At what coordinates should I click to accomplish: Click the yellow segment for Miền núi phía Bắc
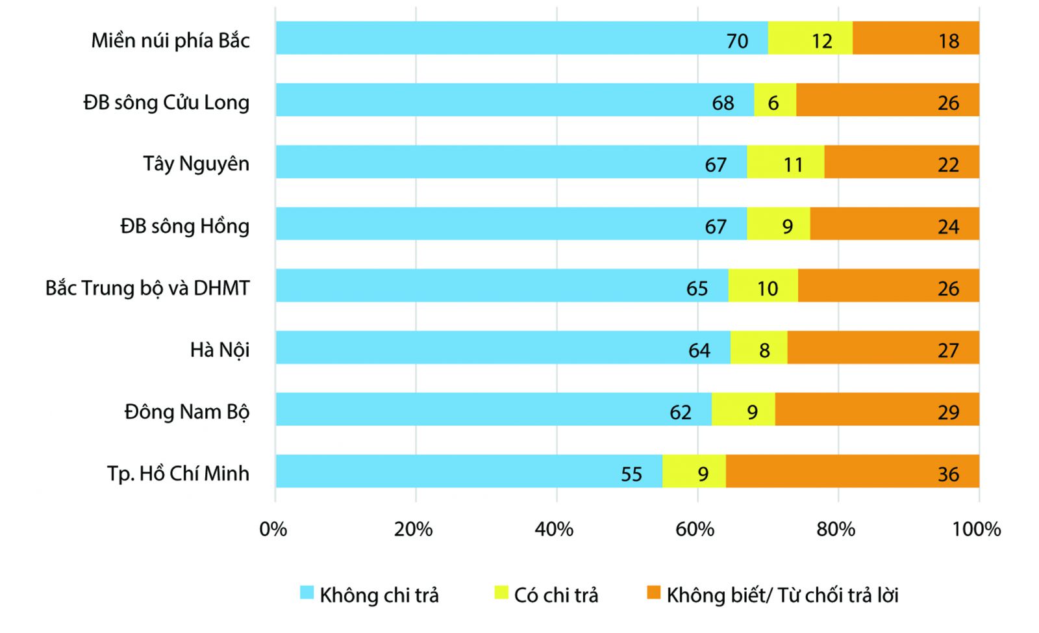810,38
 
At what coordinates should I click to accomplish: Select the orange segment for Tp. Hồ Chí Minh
853,471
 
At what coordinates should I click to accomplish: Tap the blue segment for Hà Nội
503,347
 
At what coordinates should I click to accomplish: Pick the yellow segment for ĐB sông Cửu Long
775,100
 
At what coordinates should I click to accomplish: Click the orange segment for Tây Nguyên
902,161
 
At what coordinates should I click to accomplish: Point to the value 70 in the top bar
737,41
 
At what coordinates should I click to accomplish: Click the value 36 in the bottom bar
948,474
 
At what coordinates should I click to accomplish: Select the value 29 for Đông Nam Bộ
948,412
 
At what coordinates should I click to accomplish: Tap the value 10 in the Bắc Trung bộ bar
767,289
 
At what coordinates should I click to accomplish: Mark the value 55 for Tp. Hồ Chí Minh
631,474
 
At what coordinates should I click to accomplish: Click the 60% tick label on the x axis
694,529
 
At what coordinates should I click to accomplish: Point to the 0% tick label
273,529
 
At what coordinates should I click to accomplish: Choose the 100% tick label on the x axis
977,529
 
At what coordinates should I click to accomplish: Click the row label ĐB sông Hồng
184,226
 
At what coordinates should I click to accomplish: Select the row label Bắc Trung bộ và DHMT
147,288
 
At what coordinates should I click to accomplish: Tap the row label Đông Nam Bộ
186,411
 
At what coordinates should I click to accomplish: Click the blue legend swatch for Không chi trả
307,592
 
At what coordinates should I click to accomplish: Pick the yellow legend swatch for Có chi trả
501,592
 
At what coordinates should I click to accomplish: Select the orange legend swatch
653,592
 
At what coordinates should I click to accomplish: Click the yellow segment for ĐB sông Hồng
779,224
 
